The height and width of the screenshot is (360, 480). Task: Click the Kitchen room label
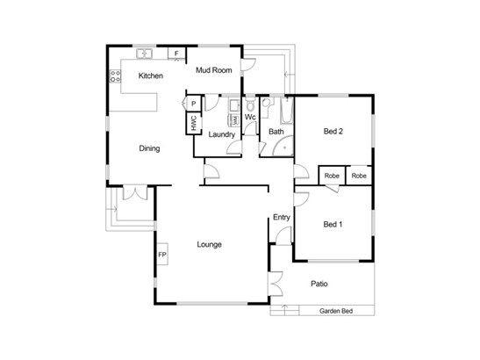point(151,76)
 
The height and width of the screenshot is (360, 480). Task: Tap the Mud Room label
point(213,70)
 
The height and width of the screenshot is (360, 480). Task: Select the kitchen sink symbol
point(145,54)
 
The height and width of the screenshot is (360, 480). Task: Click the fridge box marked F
point(176,54)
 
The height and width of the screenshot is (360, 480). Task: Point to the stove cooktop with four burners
point(116,76)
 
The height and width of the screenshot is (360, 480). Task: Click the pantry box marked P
point(193,104)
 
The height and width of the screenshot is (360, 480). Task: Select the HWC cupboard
point(193,123)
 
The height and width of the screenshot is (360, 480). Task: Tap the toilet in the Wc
point(250,105)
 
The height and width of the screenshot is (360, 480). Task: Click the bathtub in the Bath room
point(287,111)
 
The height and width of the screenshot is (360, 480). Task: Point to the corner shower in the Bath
point(283,146)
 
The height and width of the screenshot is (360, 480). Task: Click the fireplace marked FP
point(162,254)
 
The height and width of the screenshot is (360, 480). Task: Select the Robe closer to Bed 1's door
point(332,176)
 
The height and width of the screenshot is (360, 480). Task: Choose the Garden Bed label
point(336,311)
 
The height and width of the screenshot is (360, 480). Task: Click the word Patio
point(319,284)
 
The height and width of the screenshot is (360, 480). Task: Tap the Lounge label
point(210,244)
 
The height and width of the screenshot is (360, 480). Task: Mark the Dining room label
point(149,148)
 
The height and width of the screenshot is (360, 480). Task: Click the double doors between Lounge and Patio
point(275,284)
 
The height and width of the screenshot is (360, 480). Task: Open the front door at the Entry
point(283,236)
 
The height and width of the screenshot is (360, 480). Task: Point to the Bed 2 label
point(333,131)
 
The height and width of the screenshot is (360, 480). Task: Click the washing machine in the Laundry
point(234,119)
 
